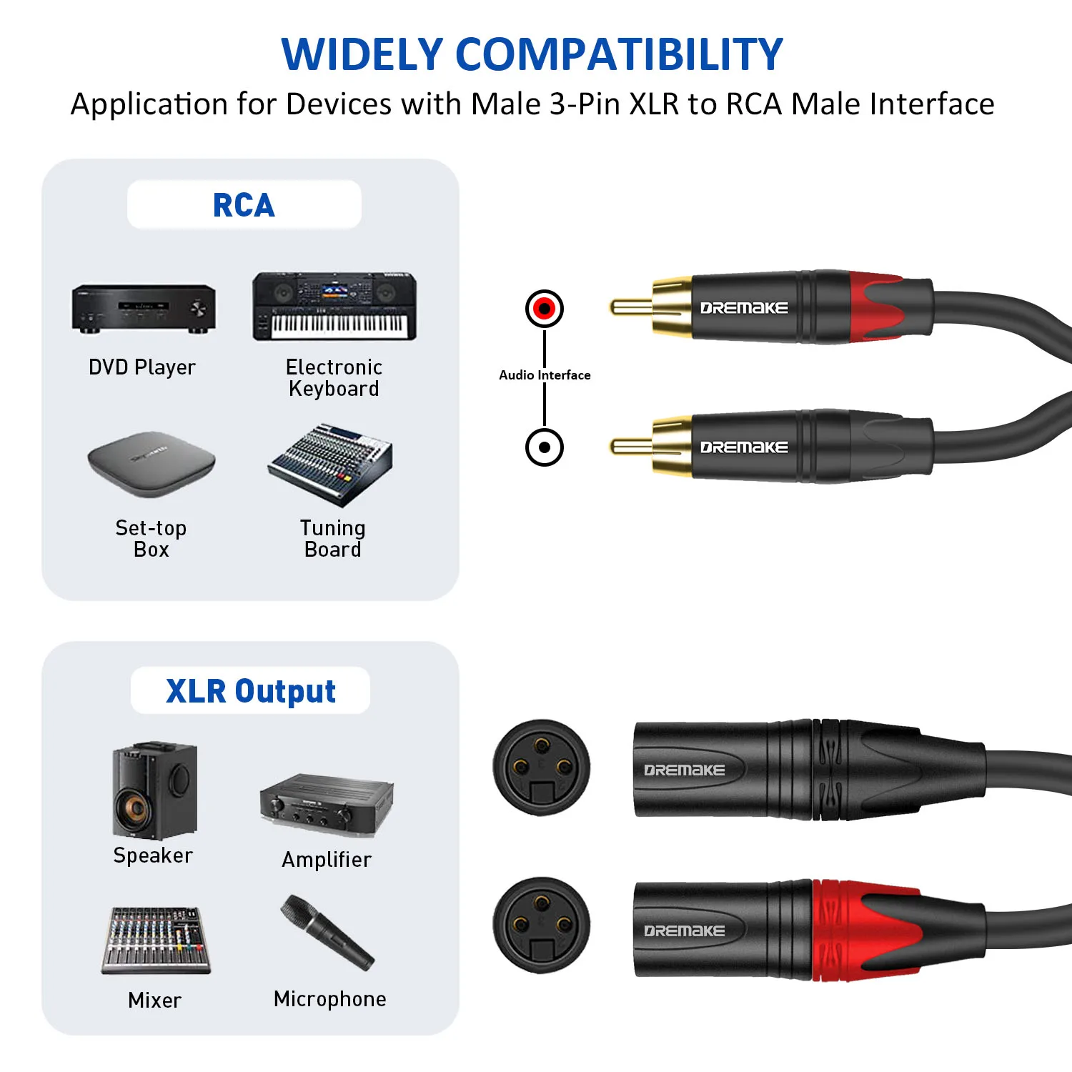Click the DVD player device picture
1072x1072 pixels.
coord(143,309)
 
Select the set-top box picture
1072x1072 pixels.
coord(152,465)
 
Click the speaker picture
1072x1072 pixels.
coord(154,790)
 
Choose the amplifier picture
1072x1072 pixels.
coord(327,805)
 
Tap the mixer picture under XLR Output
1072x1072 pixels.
coord(156,941)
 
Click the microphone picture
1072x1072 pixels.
coord(327,933)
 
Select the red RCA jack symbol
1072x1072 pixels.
coord(545,309)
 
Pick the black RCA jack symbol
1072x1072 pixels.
coord(545,447)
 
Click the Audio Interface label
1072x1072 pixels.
coord(545,375)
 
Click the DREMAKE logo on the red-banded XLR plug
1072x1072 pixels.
coord(685,930)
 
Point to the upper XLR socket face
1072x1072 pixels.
coord(542,768)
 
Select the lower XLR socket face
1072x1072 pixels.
coord(542,925)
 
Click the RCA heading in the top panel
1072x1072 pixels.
coord(244,206)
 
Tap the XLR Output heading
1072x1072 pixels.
coord(251,691)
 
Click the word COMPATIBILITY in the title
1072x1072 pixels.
coord(619,54)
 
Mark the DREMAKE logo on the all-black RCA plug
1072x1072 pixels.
coord(744,447)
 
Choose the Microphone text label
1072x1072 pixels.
coord(330,999)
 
